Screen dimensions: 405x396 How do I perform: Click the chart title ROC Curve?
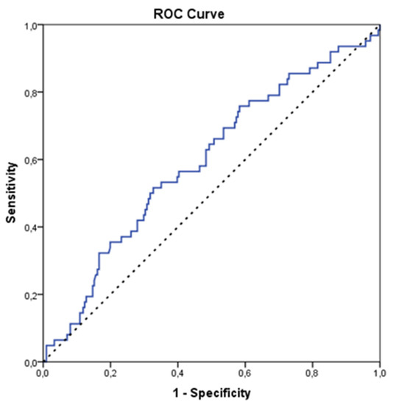210,10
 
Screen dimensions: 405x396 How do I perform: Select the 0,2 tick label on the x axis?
110,373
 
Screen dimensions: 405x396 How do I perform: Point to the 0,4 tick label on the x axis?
177,373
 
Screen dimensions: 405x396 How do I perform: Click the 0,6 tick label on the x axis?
245,373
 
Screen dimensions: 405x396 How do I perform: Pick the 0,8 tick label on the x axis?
312,373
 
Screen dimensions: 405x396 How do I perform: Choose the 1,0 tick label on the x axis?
378,373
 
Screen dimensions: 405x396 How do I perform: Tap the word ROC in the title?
194,10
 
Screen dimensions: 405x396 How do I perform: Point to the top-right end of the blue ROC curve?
379,26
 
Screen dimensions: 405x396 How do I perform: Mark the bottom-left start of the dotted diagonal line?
44,361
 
